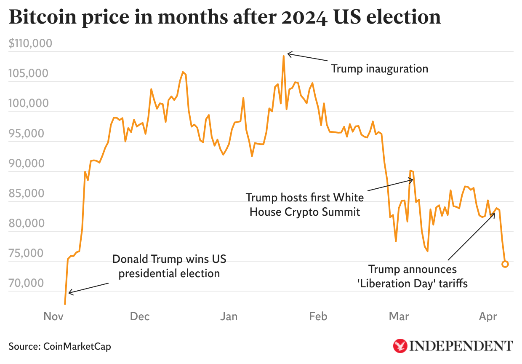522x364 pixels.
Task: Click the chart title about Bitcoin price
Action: click(x=224, y=17)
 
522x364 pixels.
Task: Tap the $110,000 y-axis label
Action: click(x=30, y=43)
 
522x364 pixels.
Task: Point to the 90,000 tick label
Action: click(x=32, y=163)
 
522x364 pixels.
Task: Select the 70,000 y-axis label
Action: click(x=32, y=283)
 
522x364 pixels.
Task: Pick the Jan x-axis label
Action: click(x=229, y=316)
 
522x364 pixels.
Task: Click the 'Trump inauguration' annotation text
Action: click(x=379, y=68)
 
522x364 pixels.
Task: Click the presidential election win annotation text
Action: click(x=169, y=266)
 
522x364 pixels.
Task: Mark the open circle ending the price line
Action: click(x=505, y=264)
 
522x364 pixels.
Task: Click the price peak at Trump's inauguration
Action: click(x=284, y=56)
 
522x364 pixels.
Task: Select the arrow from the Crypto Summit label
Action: click(x=390, y=185)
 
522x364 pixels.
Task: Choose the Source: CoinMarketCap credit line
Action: click(x=60, y=346)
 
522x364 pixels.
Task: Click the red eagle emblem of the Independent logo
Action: click(x=400, y=346)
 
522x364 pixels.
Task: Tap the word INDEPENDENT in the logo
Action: click(x=461, y=346)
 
